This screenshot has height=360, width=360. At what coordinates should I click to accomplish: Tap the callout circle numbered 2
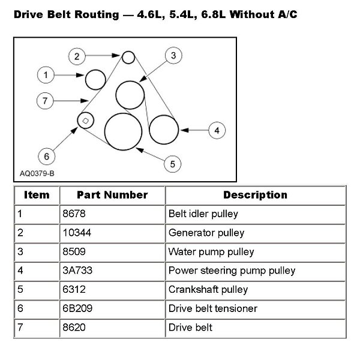pos(77,57)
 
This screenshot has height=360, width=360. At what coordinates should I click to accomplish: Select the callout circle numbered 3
pos(172,56)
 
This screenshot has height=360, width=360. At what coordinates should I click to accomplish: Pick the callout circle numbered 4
pos(217,129)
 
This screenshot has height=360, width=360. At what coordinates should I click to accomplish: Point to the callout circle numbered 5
pos(172,163)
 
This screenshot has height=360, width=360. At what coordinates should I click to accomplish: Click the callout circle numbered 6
pos(46,156)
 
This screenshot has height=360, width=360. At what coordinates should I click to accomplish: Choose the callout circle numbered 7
pos(45,101)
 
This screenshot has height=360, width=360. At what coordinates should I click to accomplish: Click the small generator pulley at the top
pos(128,58)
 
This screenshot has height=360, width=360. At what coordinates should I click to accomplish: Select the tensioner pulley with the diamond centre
pos(85,121)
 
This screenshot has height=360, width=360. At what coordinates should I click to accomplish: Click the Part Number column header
pos(112,195)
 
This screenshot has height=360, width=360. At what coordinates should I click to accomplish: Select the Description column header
pos(255,195)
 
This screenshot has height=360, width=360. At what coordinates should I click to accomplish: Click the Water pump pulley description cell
pos(212,251)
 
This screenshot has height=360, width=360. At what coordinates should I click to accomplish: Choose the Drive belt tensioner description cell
pos(213,308)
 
